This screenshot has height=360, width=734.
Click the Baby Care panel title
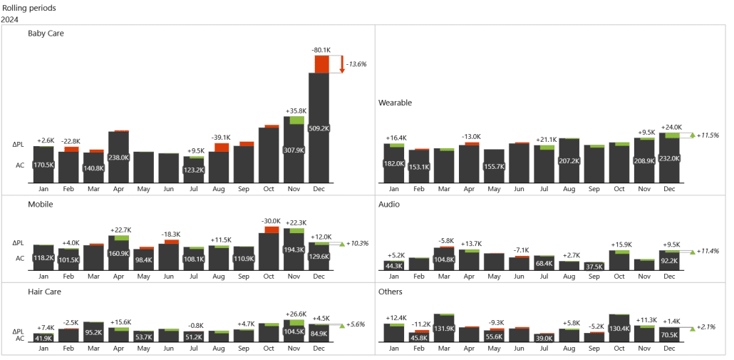(x=46, y=34)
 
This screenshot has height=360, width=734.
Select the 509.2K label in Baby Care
(x=319, y=129)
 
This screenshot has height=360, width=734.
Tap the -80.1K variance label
(x=321, y=50)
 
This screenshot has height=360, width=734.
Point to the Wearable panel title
(x=395, y=103)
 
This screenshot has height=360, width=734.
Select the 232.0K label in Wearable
(x=669, y=158)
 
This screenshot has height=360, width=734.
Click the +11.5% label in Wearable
(x=708, y=135)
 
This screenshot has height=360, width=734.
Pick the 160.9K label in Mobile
(x=119, y=253)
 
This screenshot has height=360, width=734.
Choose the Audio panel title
(x=389, y=205)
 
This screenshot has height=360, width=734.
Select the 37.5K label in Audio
(x=594, y=266)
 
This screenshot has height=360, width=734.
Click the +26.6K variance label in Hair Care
(x=294, y=314)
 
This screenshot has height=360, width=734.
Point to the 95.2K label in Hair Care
(x=93, y=332)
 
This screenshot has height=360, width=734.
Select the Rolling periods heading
(x=29, y=8)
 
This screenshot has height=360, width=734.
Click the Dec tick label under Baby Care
(x=319, y=189)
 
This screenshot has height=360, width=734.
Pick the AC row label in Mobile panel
(x=20, y=258)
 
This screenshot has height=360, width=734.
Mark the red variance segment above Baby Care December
(x=322, y=63)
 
